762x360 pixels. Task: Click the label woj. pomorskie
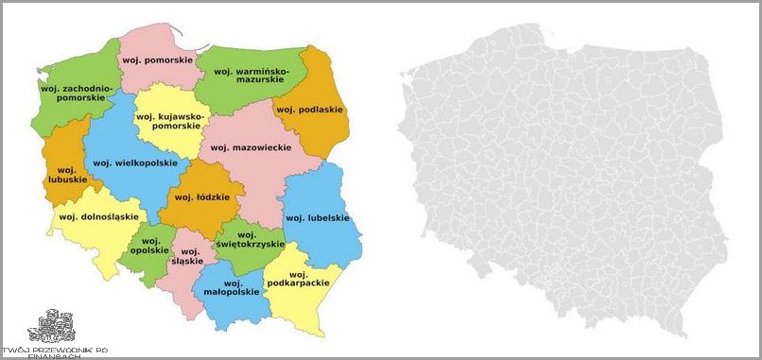pos(157,60)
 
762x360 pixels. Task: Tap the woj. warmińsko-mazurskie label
pos(254,76)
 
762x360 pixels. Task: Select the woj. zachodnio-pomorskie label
pos(76,93)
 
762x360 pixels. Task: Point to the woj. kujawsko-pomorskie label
pos(170,121)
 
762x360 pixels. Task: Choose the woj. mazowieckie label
pos(251,148)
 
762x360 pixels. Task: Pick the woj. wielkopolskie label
pos(135,163)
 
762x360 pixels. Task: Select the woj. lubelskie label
pos(318,218)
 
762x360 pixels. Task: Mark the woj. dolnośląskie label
pos(93,217)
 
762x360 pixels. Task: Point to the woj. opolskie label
pos(149,246)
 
